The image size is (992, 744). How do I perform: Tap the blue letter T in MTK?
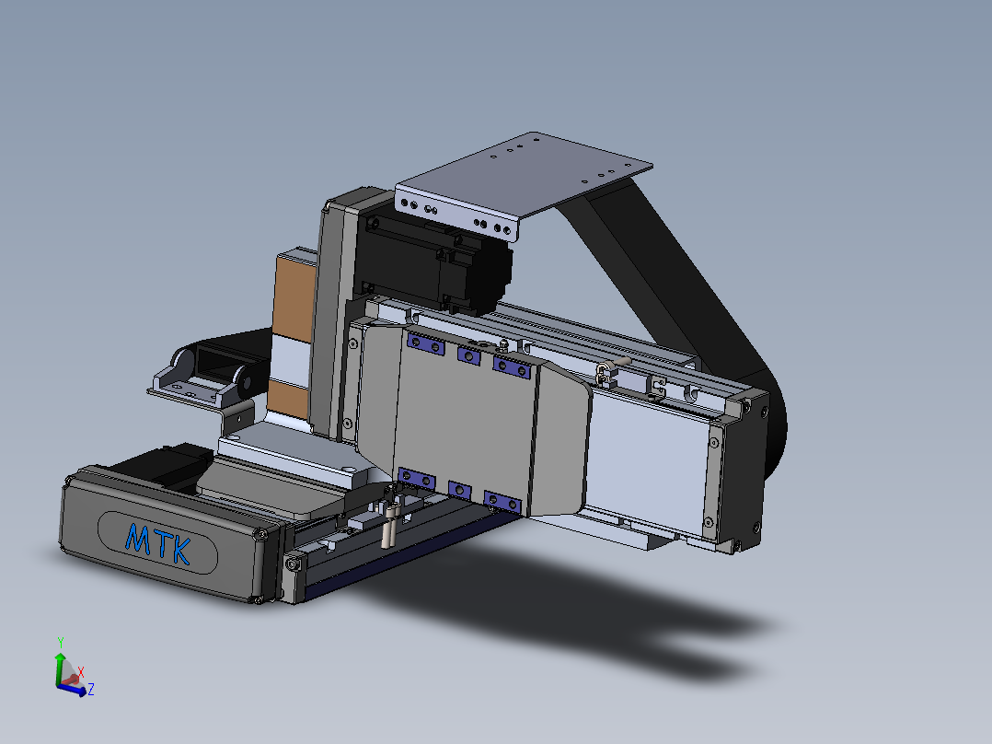[x=162, y=544]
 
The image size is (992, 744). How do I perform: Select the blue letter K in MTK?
[x=180, y=552]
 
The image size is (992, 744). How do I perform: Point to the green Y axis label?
[x=61, y=643]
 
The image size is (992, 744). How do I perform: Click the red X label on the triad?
[x=81, y=672]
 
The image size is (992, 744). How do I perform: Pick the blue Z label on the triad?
[x=91, y=689]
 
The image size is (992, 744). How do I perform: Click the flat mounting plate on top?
[x=523, y=180]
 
